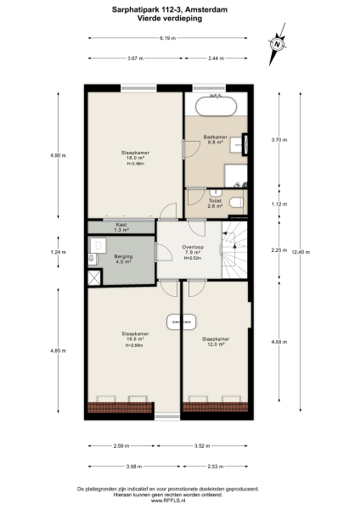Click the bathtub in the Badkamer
tap(217, 108)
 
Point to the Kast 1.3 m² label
tap(121, 227)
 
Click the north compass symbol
tap(277, 44)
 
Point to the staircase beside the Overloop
tap(236, 252)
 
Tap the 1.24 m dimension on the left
tap(57, 253)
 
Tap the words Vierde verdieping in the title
tap(179, 18)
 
